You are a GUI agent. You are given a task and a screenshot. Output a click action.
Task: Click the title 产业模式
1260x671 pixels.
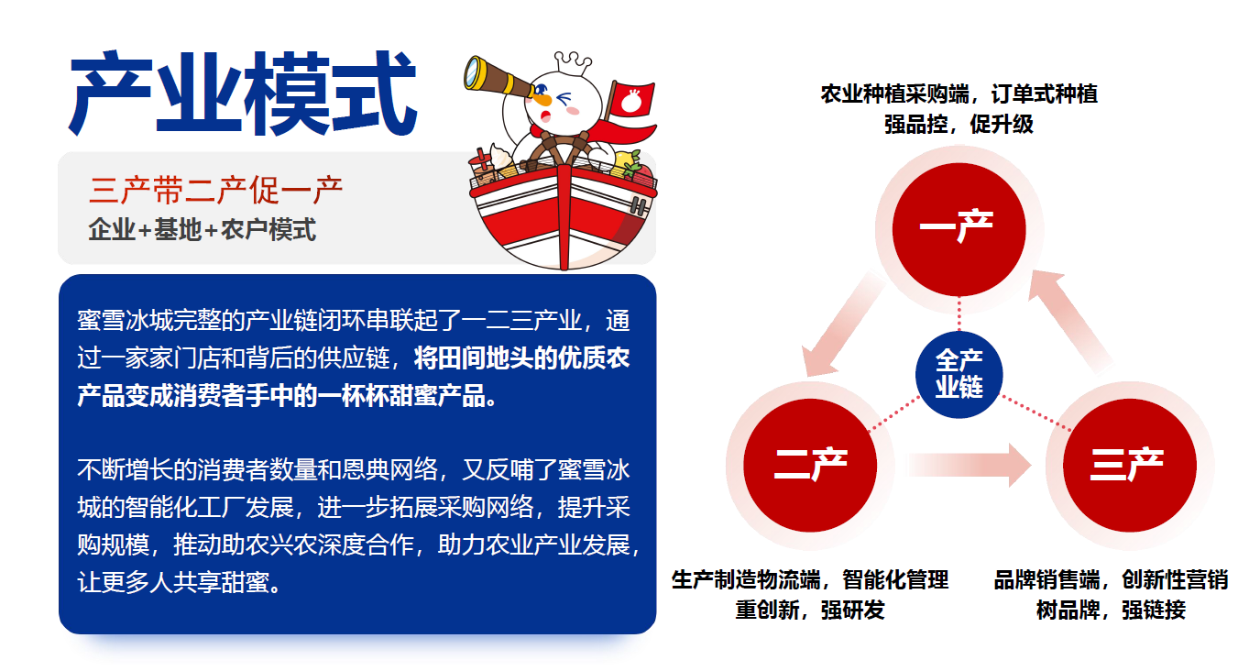coord(243,93)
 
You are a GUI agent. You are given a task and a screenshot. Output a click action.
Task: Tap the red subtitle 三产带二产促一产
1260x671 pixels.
coord(215,191)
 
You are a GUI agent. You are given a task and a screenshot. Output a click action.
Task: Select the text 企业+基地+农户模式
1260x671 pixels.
coord(202,230)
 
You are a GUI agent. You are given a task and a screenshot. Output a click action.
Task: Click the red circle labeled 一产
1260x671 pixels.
coord(959,229)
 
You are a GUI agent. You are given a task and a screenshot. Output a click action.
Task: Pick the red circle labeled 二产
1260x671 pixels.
coord(810,465)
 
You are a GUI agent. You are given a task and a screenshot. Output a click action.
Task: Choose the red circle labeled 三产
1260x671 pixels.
coord(1129,465)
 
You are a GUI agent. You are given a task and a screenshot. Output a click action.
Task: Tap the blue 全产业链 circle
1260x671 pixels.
coord(959,374)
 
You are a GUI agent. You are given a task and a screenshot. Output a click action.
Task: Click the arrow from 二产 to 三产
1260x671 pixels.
coord(970,465)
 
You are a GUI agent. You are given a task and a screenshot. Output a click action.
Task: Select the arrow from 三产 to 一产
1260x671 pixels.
coord(1071,321)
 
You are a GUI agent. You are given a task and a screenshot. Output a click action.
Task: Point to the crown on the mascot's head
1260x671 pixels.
coord(573,61)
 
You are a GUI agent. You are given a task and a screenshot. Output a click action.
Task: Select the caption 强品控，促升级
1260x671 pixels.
coord(959,125)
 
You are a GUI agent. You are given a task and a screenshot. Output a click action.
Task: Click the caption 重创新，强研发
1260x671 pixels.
coord(810,610)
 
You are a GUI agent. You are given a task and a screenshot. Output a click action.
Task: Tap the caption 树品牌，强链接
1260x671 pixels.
coord(1111,610)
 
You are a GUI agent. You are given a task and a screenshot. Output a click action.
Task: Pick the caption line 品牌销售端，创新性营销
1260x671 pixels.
coord(1111,580)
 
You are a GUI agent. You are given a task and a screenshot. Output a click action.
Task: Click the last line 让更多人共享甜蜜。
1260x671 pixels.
coord(179,582)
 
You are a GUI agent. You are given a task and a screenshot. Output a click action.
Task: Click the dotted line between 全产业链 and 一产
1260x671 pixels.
coord(959,313)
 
